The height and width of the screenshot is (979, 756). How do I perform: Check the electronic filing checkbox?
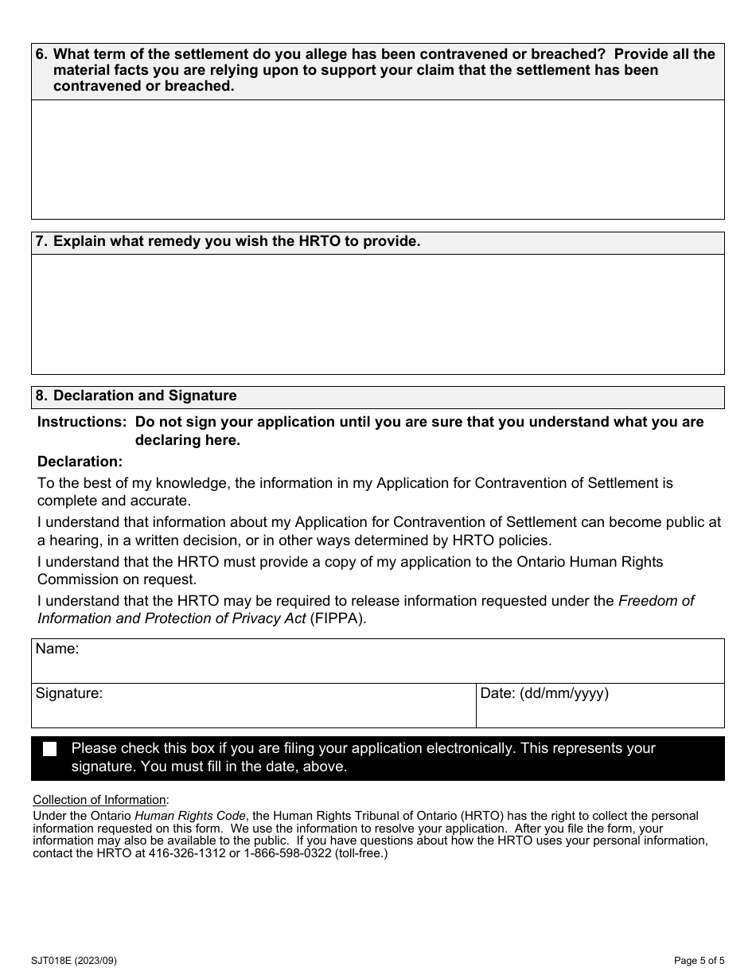[50, 749]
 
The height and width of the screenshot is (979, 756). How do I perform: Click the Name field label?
[57, 649]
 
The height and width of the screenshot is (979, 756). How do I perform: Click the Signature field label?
[69, 694]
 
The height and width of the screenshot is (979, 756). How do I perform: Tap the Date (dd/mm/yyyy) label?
[544, 694]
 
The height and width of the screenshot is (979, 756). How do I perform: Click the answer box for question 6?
[377, 159]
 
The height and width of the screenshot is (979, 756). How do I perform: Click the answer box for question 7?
[377, 314]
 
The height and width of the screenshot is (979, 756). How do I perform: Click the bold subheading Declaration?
[80, 462]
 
